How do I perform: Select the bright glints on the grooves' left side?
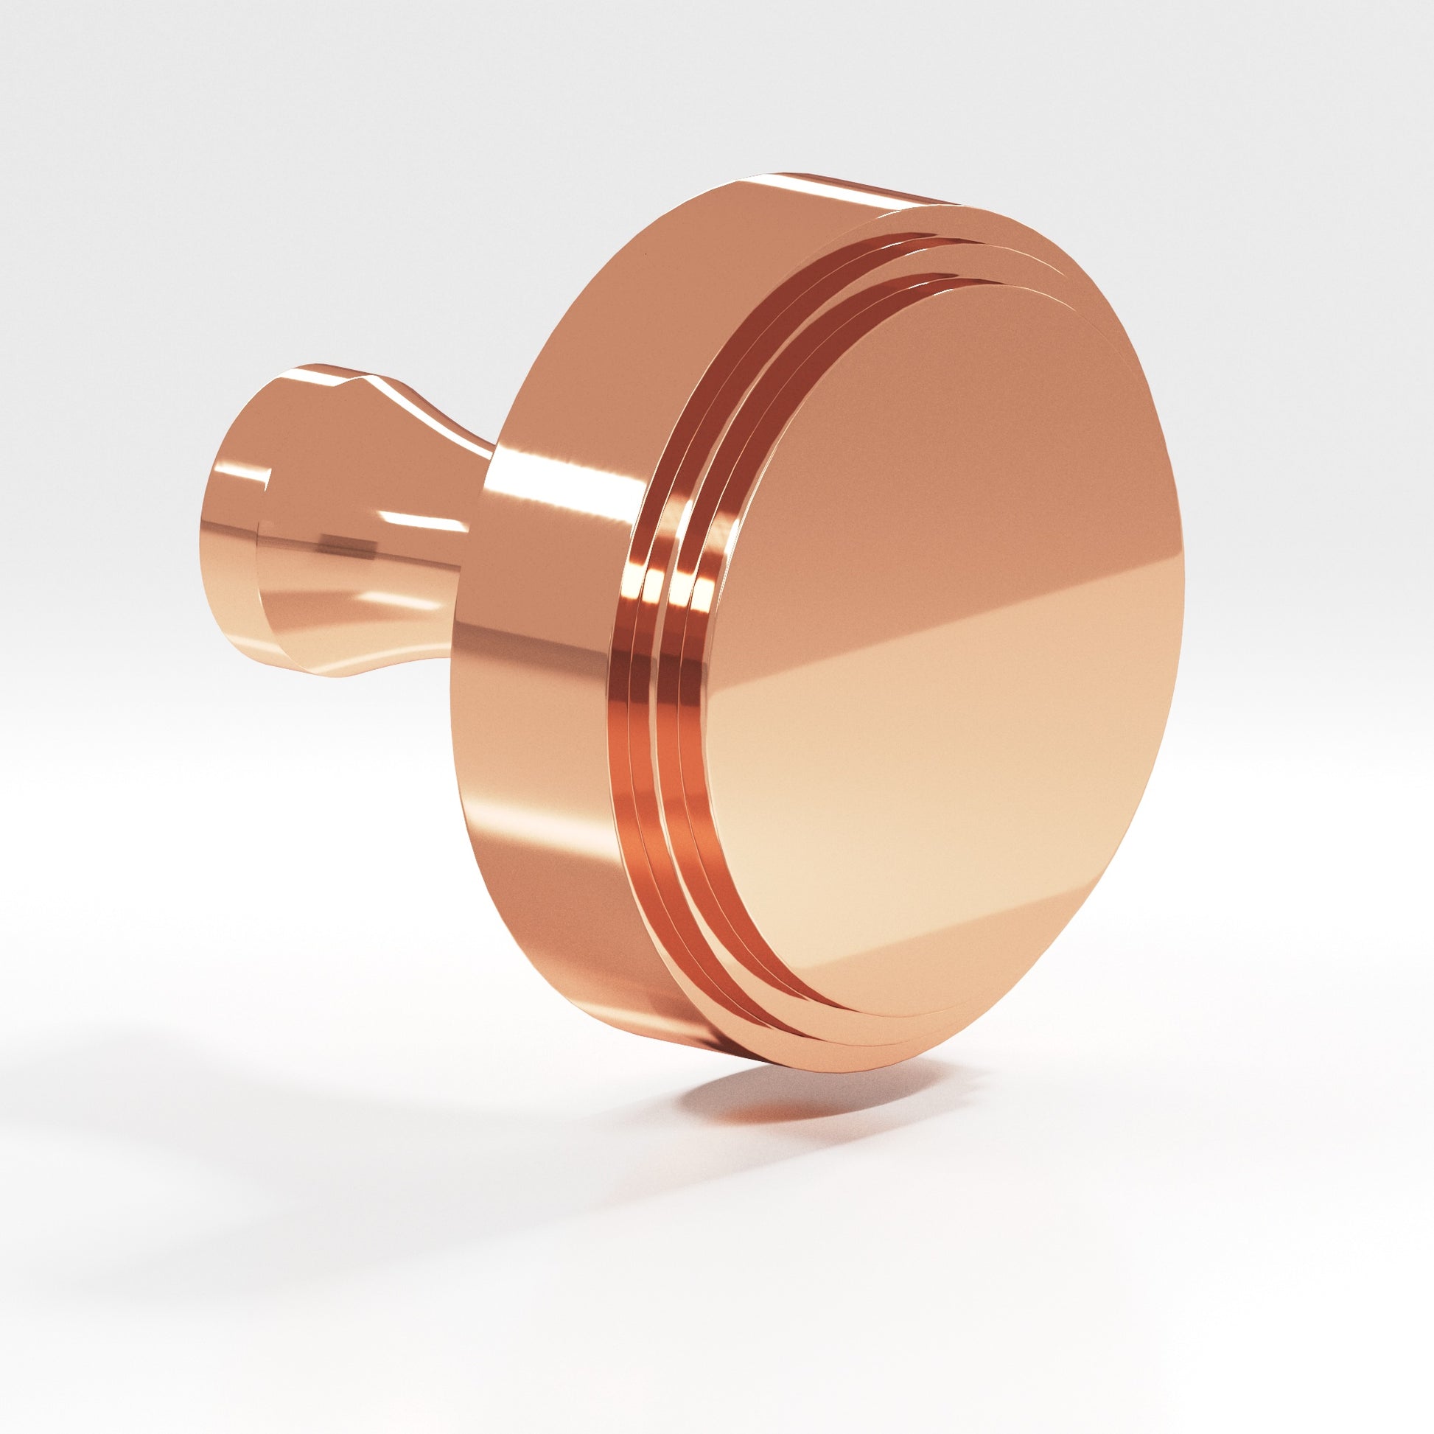(668, 587)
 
